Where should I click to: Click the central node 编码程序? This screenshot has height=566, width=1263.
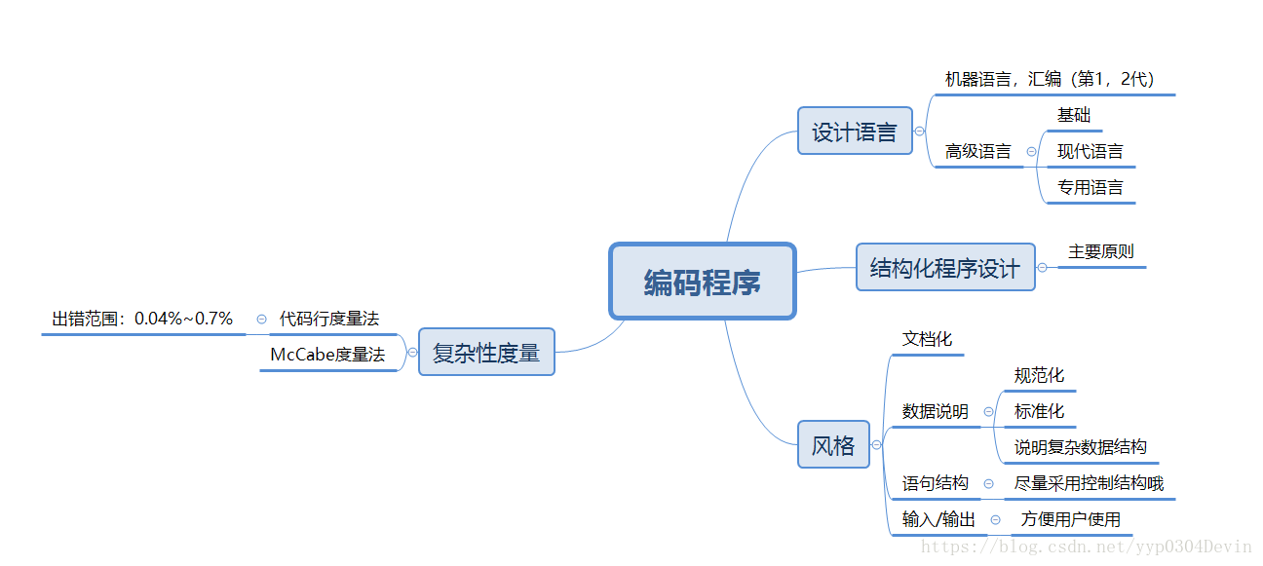(703, 282)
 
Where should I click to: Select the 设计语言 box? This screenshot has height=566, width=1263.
(855, 132)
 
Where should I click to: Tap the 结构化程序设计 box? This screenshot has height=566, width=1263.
(944, 268)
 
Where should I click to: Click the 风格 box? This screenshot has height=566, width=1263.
(833, 445)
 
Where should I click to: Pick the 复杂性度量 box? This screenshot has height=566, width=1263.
(486, 352)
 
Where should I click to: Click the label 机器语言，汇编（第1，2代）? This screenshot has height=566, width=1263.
(1050, 79)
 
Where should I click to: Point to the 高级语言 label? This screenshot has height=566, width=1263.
(977, 151)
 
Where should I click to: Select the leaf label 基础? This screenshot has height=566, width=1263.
(1074, 115)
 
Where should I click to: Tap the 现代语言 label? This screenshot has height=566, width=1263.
(1090, 151)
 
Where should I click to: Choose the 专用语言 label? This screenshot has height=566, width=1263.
(1090, 187)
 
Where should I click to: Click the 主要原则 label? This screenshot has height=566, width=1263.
(1101, 251)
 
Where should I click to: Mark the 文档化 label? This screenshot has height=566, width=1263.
(927, 339)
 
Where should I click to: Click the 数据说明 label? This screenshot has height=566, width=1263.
(935, 411)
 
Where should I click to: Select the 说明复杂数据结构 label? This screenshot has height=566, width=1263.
(1080, 447)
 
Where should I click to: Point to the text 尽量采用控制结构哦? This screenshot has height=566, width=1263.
(1089, 483)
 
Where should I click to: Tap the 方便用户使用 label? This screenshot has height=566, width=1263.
(1070, 519)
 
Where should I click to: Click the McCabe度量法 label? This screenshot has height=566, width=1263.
(327, 355)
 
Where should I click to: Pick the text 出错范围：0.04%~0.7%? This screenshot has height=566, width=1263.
(142, 319)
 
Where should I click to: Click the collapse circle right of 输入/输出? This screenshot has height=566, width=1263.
(995, 520)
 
